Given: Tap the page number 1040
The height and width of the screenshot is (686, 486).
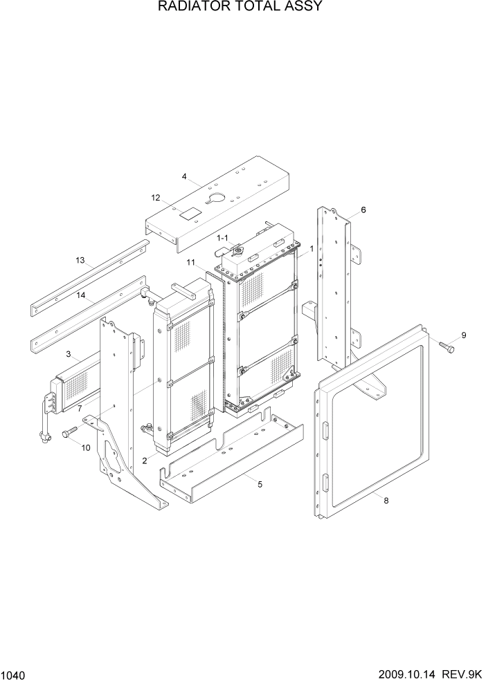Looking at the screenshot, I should click(x=13, y=674).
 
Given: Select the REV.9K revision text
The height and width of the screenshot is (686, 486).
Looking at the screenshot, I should click(x=463, y=674).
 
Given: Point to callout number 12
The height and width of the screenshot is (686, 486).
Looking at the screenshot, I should click(x=156, y=198).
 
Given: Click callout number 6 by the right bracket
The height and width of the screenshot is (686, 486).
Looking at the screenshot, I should click(x=363, y=210).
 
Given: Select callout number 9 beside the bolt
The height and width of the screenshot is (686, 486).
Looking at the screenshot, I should click(x=463, y=335).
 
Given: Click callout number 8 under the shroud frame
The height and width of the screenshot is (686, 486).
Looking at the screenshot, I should click(x=386, y=501).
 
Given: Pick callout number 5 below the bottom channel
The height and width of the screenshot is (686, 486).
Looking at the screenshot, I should click(x=260, y=484).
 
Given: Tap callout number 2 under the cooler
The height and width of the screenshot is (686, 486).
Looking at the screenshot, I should click(x=145, y=460).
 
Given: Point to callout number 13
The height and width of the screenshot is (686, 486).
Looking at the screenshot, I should click(x=80, y=261).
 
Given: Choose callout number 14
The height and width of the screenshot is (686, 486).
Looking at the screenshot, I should click(x=81, y=295).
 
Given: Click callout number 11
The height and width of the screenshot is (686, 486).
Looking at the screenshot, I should click(x=190, y=262).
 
